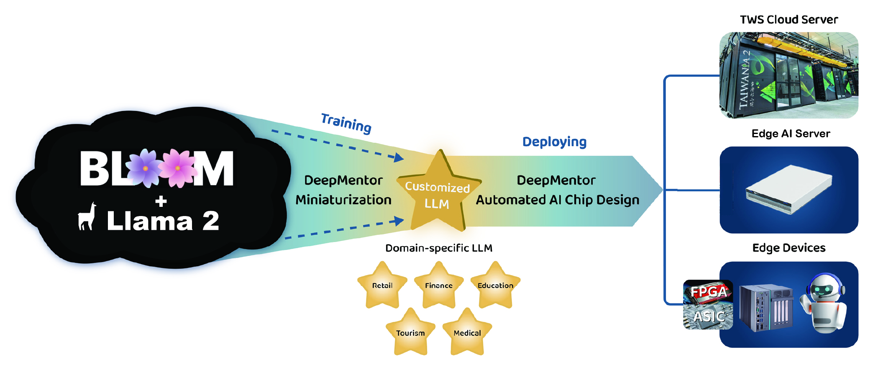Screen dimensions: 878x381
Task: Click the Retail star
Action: [382, 285]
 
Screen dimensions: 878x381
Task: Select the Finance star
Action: [439, 285]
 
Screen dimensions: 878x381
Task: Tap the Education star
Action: [495, 285]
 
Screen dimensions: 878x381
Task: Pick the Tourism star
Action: [410, 332]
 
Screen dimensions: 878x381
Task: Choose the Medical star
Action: [467, 332]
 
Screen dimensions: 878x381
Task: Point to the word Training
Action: [346, 123]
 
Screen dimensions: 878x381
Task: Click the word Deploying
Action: [554, 142]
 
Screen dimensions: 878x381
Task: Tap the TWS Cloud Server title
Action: [789, 20]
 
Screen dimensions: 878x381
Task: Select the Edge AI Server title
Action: [791, 134]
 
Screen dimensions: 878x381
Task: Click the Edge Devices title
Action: [789, 248]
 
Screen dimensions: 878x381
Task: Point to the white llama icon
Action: [87, 216]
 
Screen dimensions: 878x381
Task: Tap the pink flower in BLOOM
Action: [178, 167]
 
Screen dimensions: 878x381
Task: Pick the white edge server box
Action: [788, 189]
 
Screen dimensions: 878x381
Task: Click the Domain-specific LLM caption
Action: [439, 248]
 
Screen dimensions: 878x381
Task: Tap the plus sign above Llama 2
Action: [161, 201]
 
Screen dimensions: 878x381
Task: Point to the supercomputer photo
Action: [789, 75]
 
